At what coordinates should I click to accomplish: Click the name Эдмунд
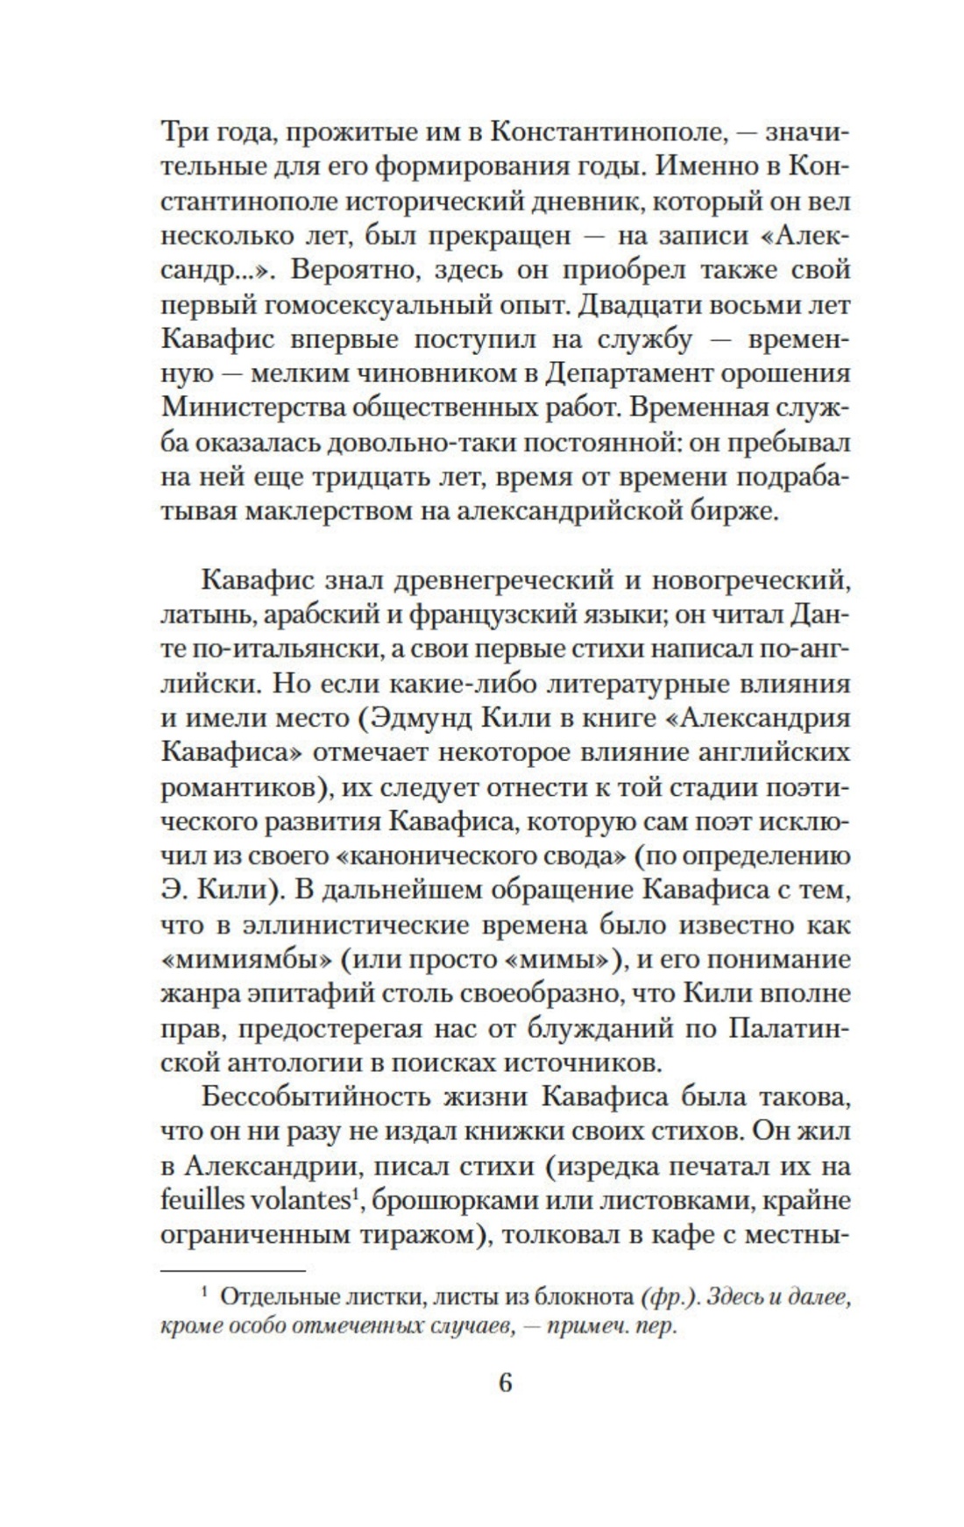pyautogui.click(x=420, y=717)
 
